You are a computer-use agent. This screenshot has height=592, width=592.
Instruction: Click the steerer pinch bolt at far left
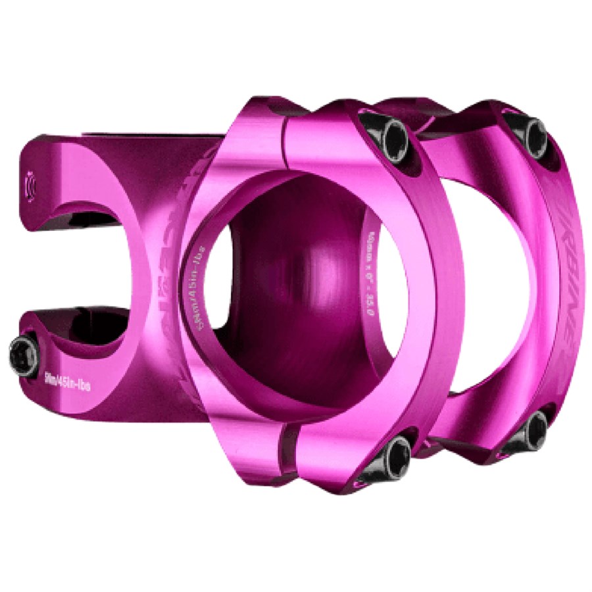coord(24,356)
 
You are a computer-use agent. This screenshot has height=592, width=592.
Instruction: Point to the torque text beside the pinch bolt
coord(67,382)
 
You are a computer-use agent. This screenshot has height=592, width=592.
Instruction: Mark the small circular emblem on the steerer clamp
coord(29,184)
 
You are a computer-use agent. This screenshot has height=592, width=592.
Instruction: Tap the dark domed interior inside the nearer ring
coord(289,276)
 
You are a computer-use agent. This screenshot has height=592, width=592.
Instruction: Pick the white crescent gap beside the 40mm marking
coord(395,289)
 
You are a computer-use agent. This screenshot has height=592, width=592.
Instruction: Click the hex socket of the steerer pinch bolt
coord(23,356)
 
